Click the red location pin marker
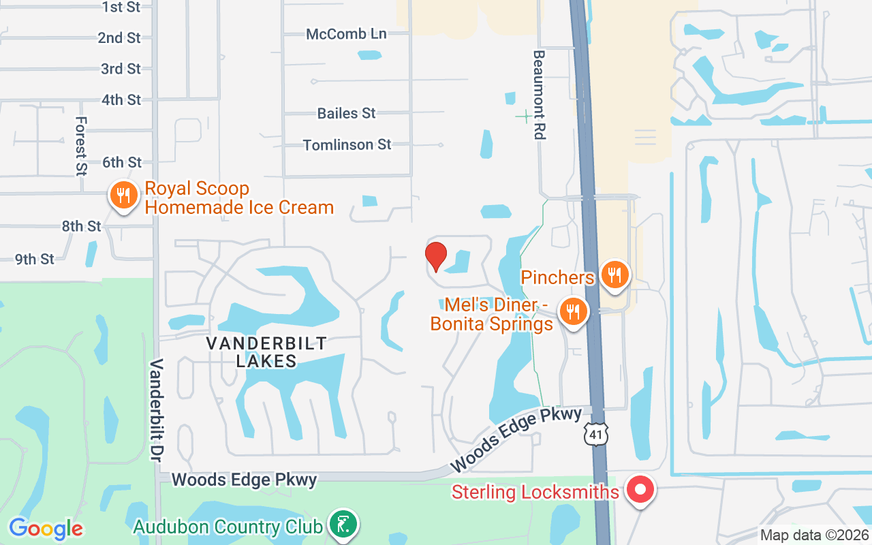pos(436,256)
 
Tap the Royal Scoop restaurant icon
pos(123,197)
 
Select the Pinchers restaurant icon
pos(615,276)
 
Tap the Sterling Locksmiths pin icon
pos(640,490)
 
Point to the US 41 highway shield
pos(596,433)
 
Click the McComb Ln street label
pos(346,34)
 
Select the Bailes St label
pos(346,113)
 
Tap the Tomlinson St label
pos(347,144)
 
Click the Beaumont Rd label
pos(540,95)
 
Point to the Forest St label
pos(82,145)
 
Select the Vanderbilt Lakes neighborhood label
pos(266,352)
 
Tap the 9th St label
pos(35,259)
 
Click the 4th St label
pos(121,99)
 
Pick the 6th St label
pos(122,162)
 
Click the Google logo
pos(46,529)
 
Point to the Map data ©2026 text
pos(814,535)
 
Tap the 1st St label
pos(121,7)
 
